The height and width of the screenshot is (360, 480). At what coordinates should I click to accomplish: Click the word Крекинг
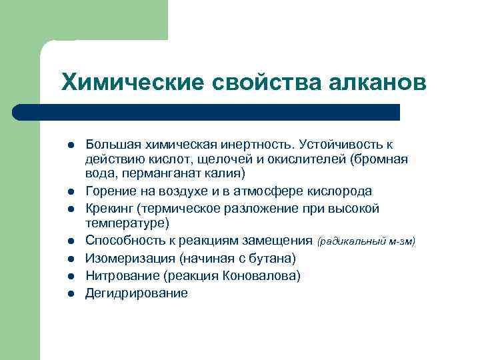tap(109, 208)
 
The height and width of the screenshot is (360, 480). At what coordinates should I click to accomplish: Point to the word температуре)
tap(127, 223)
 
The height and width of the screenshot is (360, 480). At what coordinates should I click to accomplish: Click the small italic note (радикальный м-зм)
tap(366, 241)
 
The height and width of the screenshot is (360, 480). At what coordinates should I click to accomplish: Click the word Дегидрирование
tap(137, 293)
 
